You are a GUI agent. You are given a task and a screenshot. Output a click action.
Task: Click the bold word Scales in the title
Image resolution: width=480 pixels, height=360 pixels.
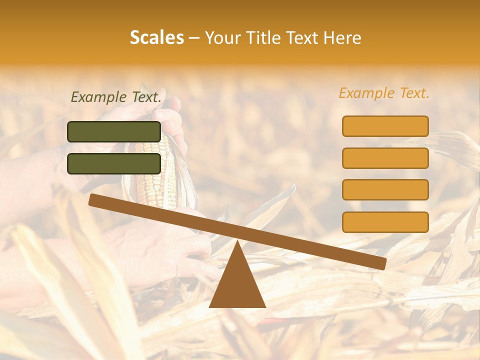(x=156, y=38)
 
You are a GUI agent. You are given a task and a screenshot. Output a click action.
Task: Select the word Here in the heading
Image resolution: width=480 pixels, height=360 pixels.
(x=342, y=38)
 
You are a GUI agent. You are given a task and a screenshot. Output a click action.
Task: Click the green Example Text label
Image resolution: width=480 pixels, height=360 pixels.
(x=116, y=97)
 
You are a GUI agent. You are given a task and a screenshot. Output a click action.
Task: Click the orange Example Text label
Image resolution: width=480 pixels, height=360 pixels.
(x=384, y=93)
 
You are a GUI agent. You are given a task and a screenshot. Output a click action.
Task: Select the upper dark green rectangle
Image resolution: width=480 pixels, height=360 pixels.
(x=114, y=131)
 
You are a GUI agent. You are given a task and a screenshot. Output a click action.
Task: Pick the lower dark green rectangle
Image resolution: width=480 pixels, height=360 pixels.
(x=114, y=163)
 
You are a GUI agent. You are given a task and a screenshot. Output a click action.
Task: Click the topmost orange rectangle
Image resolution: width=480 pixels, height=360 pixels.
(x=385, y=126)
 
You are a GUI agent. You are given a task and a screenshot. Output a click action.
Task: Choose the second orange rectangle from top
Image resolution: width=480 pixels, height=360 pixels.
(x=385, y=158)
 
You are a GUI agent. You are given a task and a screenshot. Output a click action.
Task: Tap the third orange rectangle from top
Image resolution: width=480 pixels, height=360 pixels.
(x=385, y=190)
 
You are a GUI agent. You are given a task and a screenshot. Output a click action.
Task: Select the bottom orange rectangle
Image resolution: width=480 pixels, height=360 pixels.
(x=385, y=222)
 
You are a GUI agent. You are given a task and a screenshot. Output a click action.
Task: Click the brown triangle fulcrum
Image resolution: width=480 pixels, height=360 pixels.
(x=237, y=285)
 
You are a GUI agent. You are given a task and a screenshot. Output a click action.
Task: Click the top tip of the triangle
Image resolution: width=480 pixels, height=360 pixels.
(x=237, y=242)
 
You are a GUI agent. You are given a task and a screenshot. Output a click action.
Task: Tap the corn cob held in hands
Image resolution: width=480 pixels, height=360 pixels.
(x=151, y=170)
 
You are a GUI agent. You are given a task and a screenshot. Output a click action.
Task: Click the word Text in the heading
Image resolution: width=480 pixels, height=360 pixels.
(x=302, y=38)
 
